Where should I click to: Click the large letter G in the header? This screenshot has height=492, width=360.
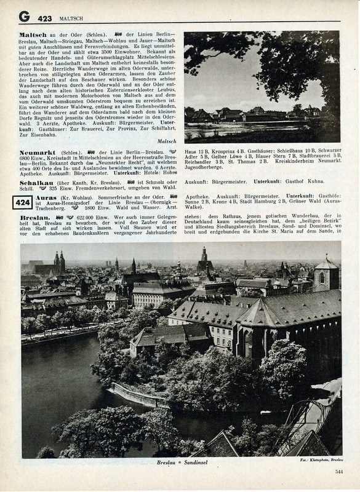pos(24,17)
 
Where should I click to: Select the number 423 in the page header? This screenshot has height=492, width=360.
pos(44,18)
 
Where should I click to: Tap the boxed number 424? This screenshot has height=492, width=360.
pos(23,202)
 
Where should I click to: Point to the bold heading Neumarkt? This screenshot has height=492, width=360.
pos(38,151)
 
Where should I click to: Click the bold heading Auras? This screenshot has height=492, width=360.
pos(46,197)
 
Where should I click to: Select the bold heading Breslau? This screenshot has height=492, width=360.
pos(35,217)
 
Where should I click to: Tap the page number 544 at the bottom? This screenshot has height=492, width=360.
pos(339,472)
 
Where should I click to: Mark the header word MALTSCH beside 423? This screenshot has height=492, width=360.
pos(71,18)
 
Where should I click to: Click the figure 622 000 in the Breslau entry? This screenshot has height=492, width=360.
pos(87,218)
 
